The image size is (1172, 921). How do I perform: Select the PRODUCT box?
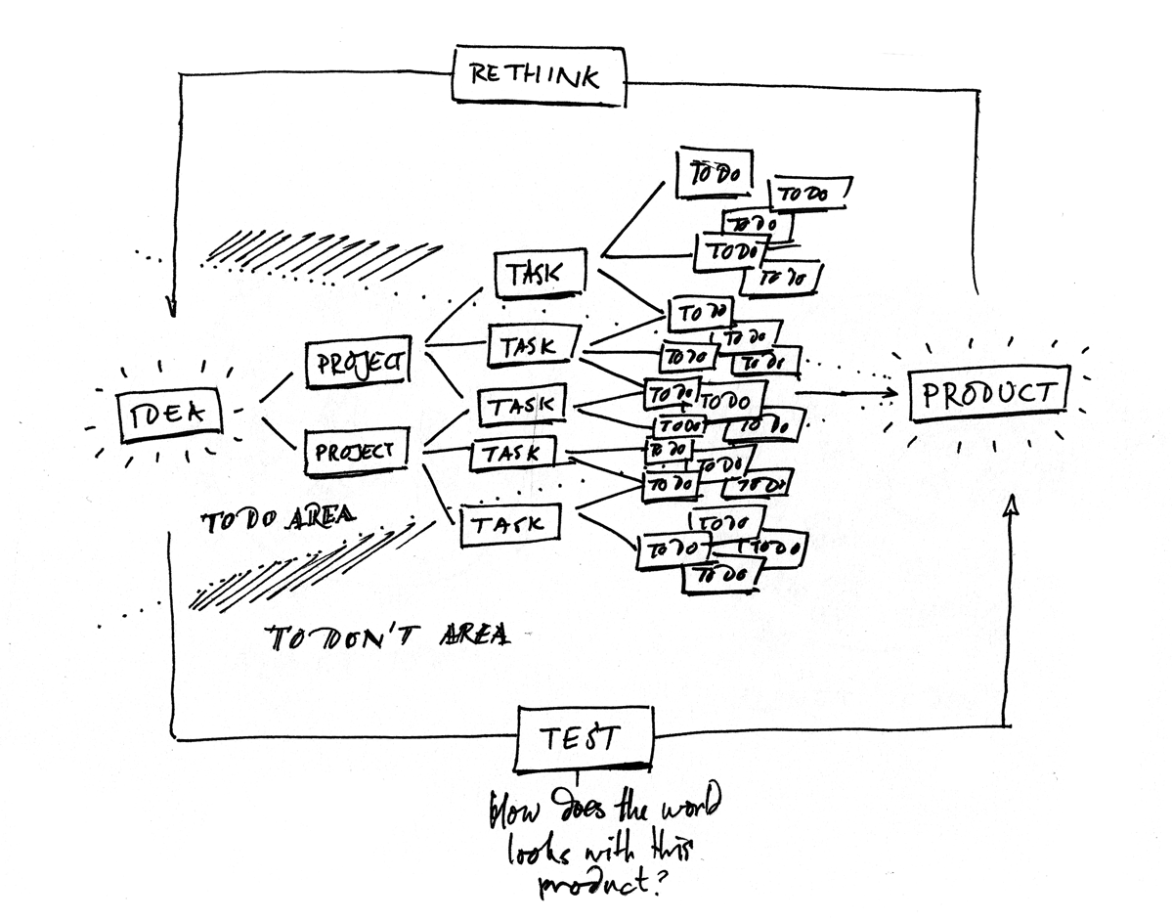pos(988,394)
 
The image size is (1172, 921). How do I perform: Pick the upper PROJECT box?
pos(358,363)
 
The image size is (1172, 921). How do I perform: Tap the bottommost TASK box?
pos(507,524)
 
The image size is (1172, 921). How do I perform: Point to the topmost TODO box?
pos(716,173)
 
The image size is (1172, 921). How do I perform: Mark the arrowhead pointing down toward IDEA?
pos(171,307)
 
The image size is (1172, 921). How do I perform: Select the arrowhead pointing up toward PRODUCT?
pos(1012,504)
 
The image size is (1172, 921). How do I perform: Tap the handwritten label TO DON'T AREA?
pos(389,636)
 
